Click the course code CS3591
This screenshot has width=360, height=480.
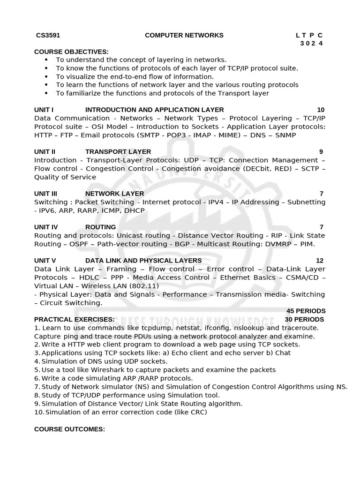pyautogui.click(x=48, y=35)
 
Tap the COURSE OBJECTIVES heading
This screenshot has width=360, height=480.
pyautogui.click(x=71, y=52)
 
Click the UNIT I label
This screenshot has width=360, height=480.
pyautogui.click(x=44, y=110)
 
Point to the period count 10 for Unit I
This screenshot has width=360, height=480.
pyautogui.click(x=320, y=110)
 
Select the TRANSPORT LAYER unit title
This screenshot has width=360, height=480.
pyautogui.click(x=118, y=151)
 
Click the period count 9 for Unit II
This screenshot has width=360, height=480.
pyautogui.click(x=321, y=151)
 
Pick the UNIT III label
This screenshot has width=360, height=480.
pyautogui.click(x=46, y=194)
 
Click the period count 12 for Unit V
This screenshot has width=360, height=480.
pyautogui.click(x=320, y=260)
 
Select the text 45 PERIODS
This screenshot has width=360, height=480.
pyautogui.click(x=306, y=311)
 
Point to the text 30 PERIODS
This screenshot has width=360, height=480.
pyautogui.click(x=304, y=319)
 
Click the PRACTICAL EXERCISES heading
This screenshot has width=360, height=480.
pyautogui.click(x=74, y=319)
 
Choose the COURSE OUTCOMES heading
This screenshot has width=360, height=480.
pyautogui.click(x=70, y=429)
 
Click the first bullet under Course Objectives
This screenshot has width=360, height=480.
pyautogui.click(x=46, y=60)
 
